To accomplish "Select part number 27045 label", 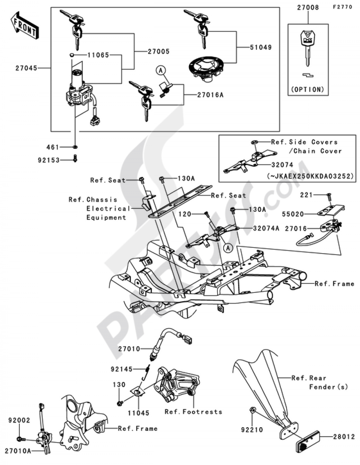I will click(26, 68).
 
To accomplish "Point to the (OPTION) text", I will click(308, 89).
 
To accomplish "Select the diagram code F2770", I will click(342, 7).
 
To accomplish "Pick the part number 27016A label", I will click(210, 95).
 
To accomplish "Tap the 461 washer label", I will click(53, 147).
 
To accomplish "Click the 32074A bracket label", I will click(266, 228).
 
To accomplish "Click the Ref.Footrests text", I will click(193, 412).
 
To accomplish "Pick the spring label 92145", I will click(122, 369).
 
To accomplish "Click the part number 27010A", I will click(18, 451).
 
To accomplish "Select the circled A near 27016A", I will click(160, 71).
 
